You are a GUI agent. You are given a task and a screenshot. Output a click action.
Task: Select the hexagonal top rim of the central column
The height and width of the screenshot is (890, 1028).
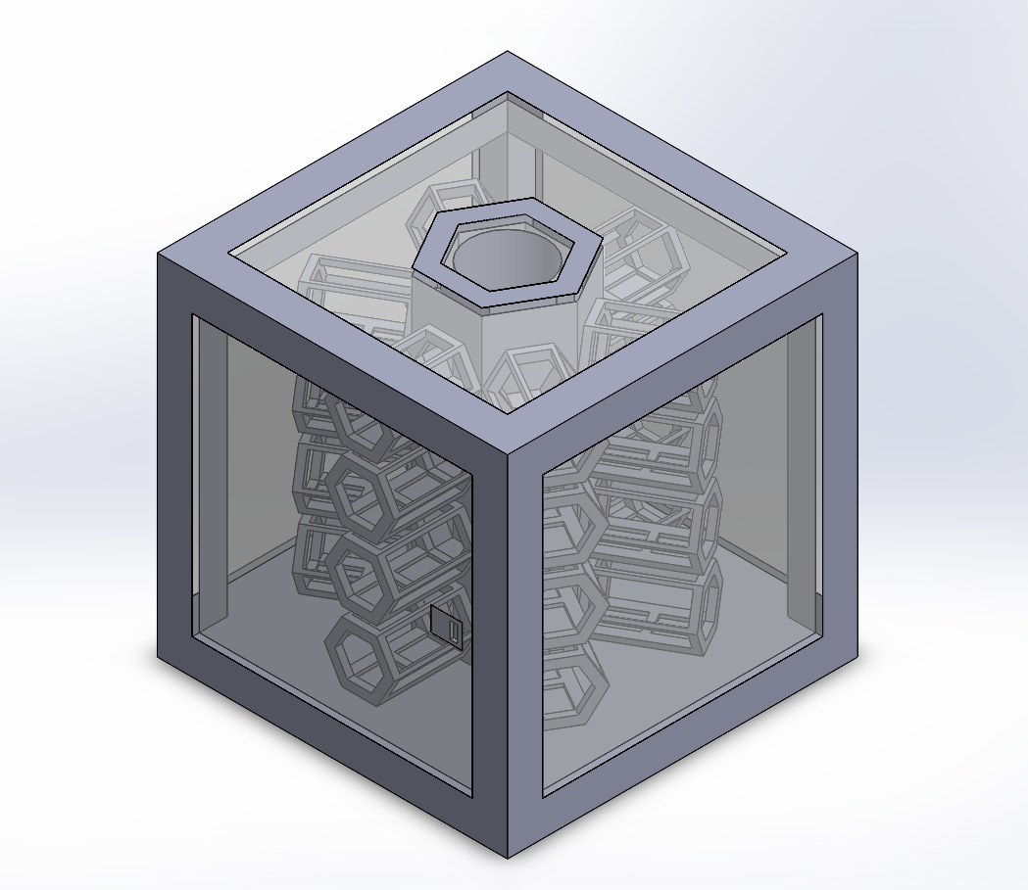pos(431,261)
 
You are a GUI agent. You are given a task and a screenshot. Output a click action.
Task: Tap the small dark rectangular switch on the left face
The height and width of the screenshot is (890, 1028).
pos(448,625)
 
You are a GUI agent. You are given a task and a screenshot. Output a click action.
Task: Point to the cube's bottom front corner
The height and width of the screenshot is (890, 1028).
pos(508,856)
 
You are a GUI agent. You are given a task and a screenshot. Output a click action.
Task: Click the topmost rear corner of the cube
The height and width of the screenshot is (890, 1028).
pos(508,53)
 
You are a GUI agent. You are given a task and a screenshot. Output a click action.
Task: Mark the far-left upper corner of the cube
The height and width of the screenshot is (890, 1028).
pos(160,255)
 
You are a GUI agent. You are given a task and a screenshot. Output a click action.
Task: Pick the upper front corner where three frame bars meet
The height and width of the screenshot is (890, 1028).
pos(508,452)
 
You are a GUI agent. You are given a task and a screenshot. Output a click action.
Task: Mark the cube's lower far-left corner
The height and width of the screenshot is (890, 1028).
pos(160,656)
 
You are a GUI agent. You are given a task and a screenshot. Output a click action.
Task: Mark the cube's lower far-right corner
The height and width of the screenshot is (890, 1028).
pos(857,656)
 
